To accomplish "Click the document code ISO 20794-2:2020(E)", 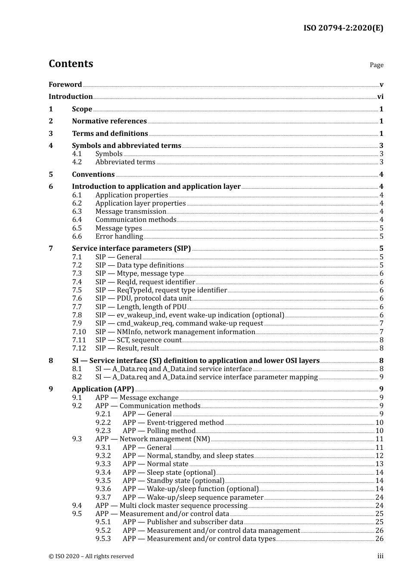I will (x=343, y=28).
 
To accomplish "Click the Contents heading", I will (x=71, y=64).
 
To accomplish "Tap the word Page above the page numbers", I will (x=376, y=65).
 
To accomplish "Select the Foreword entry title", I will (x=65, y=85).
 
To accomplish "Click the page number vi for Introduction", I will (x=380, y=97).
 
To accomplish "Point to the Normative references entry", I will (x=109, y=121).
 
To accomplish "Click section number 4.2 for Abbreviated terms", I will (x=77, y=162).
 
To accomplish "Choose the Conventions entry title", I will (x=93, y=175).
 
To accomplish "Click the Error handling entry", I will (x=119, y=237).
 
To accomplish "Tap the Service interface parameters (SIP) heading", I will (x=131, y=249).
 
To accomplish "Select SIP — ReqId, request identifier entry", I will (x=145, y=282).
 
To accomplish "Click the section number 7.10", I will (x=79, y=332).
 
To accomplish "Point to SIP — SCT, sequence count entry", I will (x=138, y=340).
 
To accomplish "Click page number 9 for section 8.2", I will (x=381, y=377).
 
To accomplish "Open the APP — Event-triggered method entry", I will (x=173, y=423).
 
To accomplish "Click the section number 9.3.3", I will (x=103, y=464).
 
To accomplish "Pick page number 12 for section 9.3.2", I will (x=379, y=456).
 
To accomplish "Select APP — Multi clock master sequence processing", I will (x=171, y=506).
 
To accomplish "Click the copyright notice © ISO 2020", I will (x=91, y=556).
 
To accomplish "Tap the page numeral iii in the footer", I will (x=381, y=556).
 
